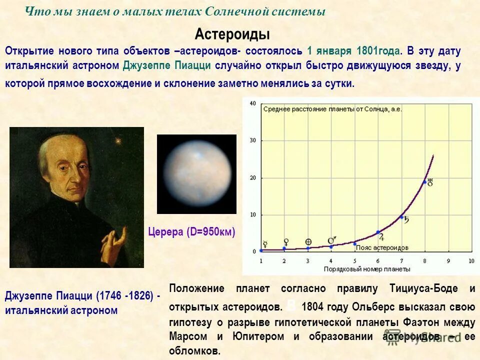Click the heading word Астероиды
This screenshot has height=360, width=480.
[232, 34]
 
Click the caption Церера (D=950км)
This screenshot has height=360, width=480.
[191, 232]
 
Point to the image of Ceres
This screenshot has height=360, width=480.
[197, 174]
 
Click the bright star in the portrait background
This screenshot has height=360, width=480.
[118, 141]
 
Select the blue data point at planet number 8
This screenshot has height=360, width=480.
[425, 182]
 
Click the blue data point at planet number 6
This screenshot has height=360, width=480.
[378, 232]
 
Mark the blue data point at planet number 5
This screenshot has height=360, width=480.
[354, 244]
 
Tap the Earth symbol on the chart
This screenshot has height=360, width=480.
[308, 241]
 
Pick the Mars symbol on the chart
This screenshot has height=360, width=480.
[331, 240]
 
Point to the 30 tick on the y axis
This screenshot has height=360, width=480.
[252, 140]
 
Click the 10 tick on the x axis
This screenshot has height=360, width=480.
[471, 261]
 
